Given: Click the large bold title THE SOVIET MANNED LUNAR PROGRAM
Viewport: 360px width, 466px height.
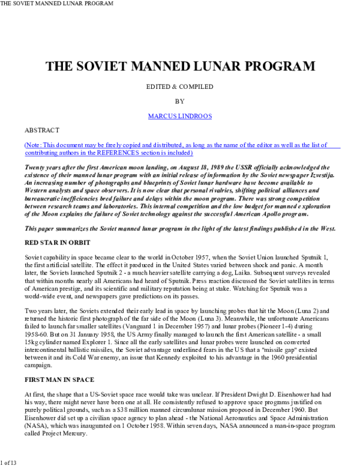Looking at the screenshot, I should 180,65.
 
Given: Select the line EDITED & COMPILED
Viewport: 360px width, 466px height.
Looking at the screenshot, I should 179,86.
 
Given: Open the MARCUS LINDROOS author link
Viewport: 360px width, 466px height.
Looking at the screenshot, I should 179,116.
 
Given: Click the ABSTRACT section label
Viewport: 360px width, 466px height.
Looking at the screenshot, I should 42,130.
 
